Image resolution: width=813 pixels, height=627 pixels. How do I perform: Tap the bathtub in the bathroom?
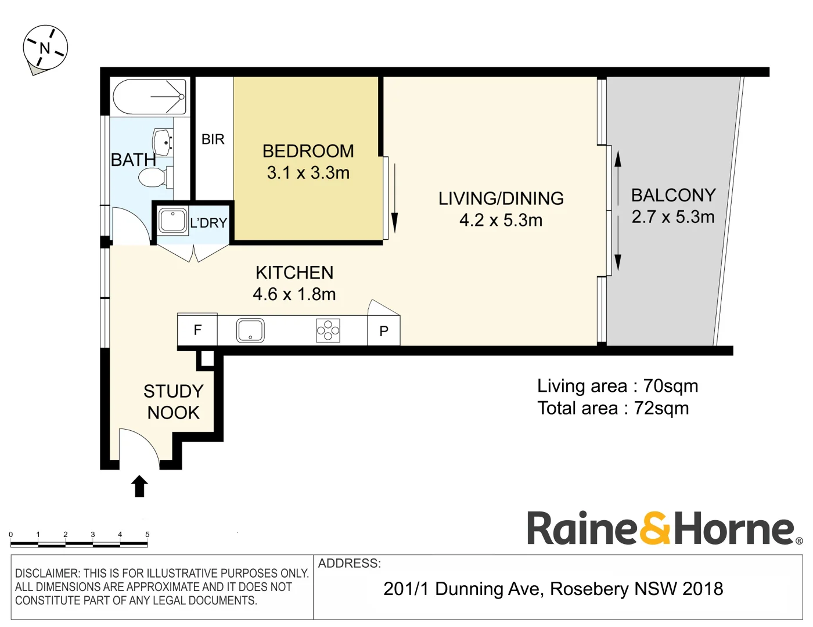149,96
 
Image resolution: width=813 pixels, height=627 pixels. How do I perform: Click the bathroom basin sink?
162,142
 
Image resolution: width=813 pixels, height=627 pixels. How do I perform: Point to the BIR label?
213,139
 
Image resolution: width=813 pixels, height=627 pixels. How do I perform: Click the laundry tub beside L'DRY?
172,221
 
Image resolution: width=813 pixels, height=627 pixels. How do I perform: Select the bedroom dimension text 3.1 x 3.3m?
308,173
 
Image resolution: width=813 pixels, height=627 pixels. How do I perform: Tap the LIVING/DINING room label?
501,199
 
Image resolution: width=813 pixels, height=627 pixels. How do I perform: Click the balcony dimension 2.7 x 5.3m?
672,217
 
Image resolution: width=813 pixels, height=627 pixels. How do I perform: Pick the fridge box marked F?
197,330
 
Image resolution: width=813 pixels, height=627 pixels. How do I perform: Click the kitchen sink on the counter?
250,331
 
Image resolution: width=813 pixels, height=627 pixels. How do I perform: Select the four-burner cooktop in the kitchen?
328,331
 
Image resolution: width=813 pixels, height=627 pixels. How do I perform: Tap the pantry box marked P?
384,331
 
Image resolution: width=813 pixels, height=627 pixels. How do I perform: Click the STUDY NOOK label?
173,402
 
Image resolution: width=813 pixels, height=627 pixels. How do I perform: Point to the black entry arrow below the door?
139,487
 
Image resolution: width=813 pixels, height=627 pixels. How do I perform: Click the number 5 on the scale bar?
147,535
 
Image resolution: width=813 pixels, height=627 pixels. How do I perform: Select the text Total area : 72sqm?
613,408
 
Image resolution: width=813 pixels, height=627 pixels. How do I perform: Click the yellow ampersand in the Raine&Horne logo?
655,528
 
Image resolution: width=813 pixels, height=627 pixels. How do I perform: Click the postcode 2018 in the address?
703,589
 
